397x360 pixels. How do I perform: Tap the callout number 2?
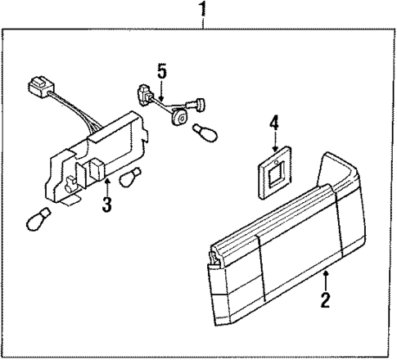pyautogui.click(x=326, y=300)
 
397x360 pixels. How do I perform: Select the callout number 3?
pyautogui.click(x=106, y=204)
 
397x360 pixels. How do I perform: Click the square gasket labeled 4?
pyautogui.click(x=273, y=172)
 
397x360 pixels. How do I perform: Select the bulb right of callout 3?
pyautogui.click(x=131, y=178)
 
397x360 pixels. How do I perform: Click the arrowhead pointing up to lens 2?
pyautogui.click(x=326, y=272)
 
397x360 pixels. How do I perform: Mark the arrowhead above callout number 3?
pyautogui.click(x=106, y=169)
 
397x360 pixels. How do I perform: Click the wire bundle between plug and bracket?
pyautogui.click(x=78, y=110)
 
